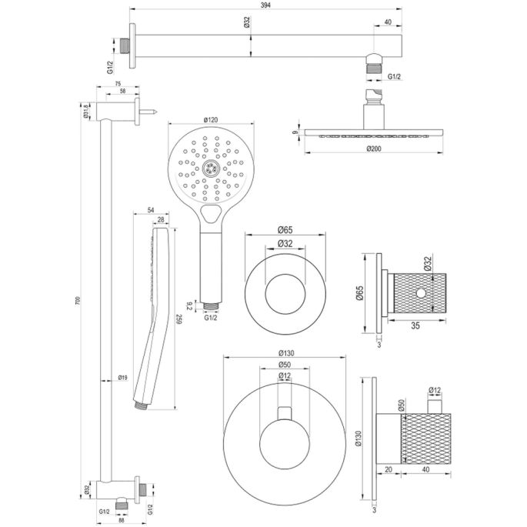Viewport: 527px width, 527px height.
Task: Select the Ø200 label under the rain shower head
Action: [x=375, y=148]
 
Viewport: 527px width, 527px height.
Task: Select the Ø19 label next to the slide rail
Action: [x=122, y=378]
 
